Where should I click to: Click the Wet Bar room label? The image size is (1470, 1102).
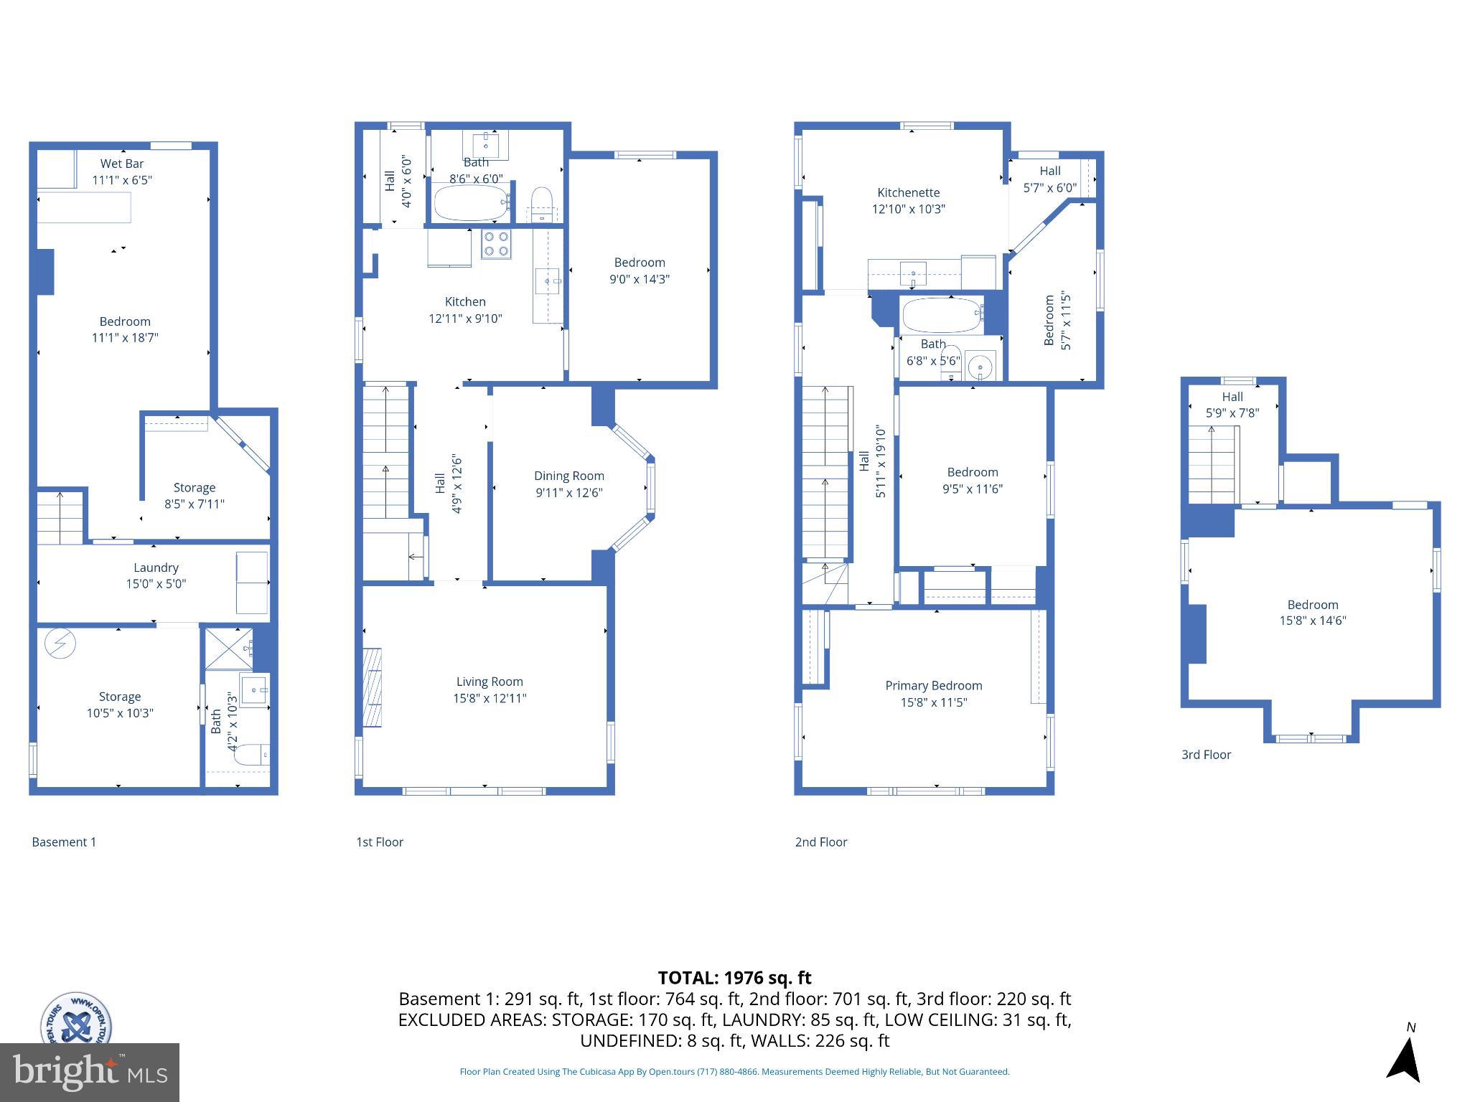pos(122,164)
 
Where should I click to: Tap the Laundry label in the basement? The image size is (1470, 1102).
pos(156,568)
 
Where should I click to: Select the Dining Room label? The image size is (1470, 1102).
pos(568,476)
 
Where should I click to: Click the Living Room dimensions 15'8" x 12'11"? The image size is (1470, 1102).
pos(490,698)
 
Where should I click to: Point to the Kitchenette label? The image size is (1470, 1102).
pos(908,192)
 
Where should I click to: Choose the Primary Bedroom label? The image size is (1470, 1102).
pos(933,685)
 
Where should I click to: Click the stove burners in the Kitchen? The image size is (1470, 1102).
pos(495,244)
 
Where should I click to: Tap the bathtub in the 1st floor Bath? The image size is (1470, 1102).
pos(471,204)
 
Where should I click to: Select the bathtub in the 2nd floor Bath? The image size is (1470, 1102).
pos(941,316)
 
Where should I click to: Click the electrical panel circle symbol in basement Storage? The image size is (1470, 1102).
pos(60,644)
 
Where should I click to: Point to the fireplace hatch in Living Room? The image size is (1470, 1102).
pos(372,687)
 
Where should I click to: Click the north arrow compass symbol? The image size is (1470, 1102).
pos(1405,1059)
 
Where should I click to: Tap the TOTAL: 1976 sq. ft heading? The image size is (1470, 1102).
pos(734,978)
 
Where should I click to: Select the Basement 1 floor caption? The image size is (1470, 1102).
pos(64,842)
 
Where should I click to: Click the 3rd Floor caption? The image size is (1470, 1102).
pos(1206,755)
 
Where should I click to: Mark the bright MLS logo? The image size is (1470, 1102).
pos(90,1073)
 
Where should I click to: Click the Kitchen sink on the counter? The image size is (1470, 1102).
pos(548,281)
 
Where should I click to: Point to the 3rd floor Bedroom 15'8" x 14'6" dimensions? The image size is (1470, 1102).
pos(1312,621)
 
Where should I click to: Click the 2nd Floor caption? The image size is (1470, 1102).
pos(820,842)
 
